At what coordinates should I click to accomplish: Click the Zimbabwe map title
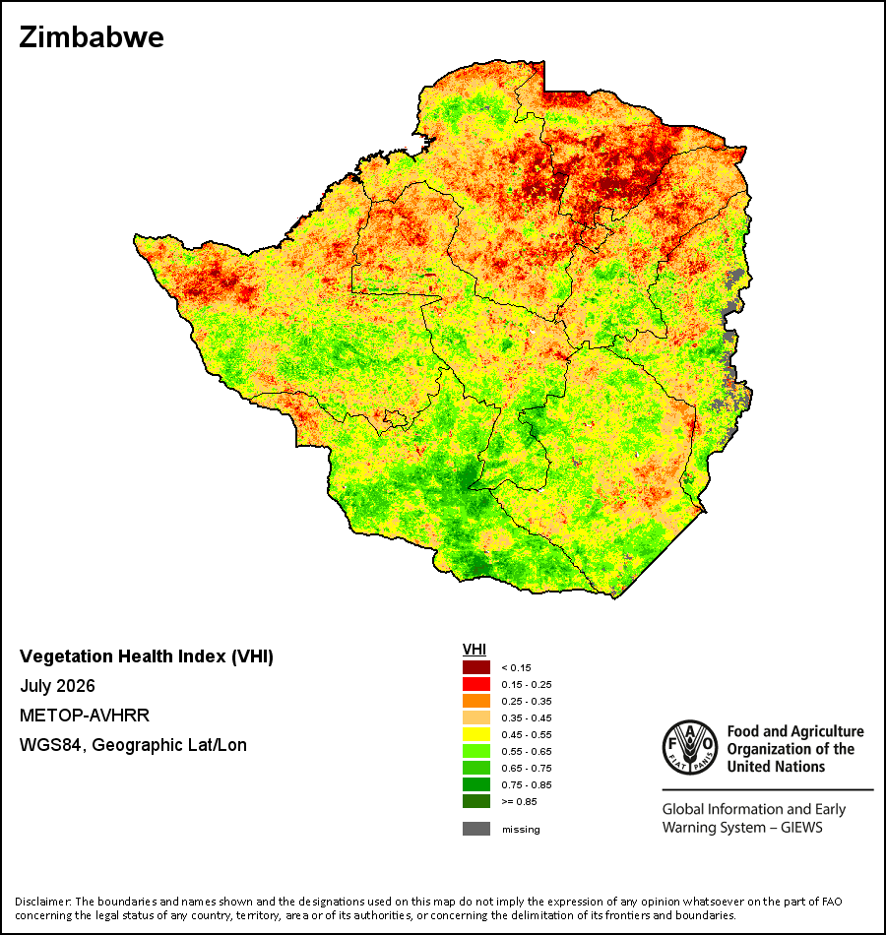pos(92,37)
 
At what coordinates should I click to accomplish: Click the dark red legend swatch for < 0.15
pos(476,667)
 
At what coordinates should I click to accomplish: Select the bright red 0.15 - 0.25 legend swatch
pos(476,684)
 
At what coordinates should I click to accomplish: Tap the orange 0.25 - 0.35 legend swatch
pos(476,701)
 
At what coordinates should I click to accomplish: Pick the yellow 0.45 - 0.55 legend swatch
pos(476,734)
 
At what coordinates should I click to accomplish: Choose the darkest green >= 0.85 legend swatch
pos(476,801)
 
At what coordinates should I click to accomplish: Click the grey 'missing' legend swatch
pos(476,829)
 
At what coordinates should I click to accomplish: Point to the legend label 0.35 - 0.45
pos(527,717)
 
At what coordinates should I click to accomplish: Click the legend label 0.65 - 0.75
pos(527,768)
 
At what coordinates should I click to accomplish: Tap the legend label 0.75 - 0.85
pos(527,784)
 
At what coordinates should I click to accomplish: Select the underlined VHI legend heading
pos(475,650)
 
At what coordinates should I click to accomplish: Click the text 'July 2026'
pos(57,686)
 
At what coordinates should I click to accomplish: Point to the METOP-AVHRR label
pos(84,715)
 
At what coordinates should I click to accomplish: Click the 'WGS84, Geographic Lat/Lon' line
pos(133,745)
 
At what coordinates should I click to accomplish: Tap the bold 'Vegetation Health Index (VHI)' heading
pos(146,656)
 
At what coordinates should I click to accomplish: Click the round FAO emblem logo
pos(690,747)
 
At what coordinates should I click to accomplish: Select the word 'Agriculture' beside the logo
pos(827,731)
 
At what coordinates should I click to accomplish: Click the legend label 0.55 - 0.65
pos(527,751)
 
